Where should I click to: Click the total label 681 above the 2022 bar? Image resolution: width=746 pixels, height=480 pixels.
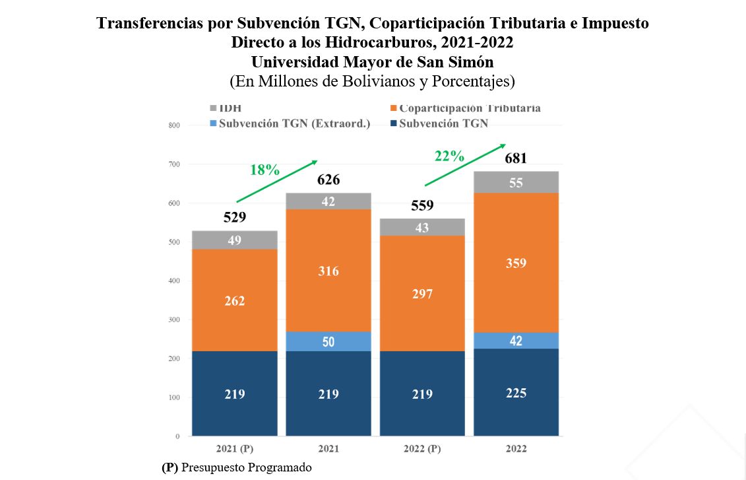(x=516, y=158)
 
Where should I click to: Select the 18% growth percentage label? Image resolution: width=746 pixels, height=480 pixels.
(x=264, y=170)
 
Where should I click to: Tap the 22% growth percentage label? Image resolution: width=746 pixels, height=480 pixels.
(x=449, y=156)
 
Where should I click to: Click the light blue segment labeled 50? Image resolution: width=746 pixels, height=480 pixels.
(x=328, y=341)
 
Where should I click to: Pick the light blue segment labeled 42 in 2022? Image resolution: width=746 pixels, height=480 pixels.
(x=516, y=341)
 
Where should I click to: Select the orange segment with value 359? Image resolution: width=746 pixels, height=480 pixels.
(x=516, y=263)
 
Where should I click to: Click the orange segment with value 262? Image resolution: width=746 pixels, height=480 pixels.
(x=235, y=300)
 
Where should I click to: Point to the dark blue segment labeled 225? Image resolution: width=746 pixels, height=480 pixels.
(x=516, y=393)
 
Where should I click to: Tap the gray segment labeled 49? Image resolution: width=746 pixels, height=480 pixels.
(x=235, y=240)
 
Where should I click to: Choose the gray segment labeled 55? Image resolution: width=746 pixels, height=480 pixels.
(x=516, y=183)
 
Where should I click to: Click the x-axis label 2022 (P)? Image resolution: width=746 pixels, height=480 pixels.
(x=422, y=449)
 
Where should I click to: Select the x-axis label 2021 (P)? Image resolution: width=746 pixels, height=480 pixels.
(x=235, y=449)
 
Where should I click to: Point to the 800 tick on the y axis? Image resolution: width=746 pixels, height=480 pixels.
(x=174, y=125)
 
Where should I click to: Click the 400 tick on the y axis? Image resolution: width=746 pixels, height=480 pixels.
(x=174, y=281)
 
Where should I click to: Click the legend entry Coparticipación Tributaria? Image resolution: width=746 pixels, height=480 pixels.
(x=469, y=108)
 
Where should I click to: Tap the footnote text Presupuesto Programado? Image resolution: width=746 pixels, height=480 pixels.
(x=246, y=467)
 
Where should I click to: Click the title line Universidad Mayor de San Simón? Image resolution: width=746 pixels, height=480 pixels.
(x=373, y=62)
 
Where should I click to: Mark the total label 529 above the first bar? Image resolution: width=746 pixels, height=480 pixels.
(x=235, y=217)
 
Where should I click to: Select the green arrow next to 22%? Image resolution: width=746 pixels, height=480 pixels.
(x=464, y=165)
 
